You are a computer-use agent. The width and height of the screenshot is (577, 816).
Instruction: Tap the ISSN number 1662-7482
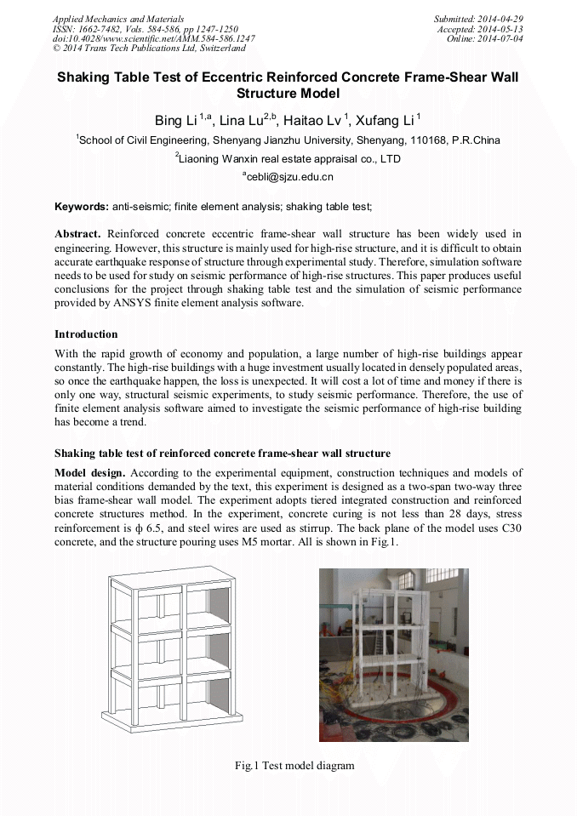[104, 29]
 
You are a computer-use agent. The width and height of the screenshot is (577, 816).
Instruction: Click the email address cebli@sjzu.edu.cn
[289, 177]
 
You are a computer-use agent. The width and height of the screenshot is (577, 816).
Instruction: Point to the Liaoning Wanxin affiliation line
[288, 158]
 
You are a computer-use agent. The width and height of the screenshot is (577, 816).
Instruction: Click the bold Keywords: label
[81, 207]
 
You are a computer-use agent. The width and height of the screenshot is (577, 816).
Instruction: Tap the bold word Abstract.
[79, 233]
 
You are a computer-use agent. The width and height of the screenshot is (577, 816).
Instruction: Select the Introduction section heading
[86, 334]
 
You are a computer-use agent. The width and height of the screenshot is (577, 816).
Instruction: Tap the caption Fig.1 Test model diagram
[294, 766]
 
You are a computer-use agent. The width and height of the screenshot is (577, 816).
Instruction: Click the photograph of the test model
[393, 655]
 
